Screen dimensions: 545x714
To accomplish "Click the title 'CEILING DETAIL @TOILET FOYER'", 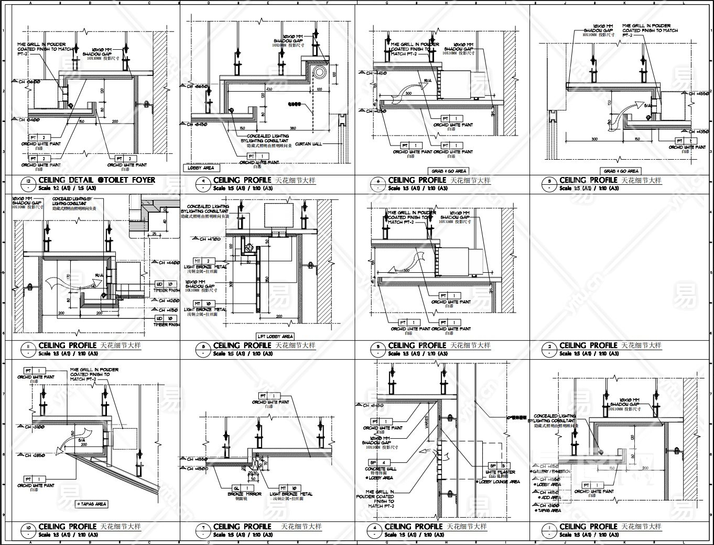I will click(96, 180).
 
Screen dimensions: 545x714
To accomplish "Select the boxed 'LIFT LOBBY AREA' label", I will click(275, 336).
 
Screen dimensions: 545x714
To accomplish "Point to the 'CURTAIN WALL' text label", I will click(309, 143).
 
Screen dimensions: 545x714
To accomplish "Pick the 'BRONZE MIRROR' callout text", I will click(242, 494).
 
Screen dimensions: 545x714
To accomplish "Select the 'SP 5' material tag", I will click(498, 465).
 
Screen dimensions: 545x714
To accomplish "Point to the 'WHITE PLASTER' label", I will click(500, 472).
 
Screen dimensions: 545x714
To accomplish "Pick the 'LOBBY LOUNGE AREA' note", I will click(498, 482).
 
